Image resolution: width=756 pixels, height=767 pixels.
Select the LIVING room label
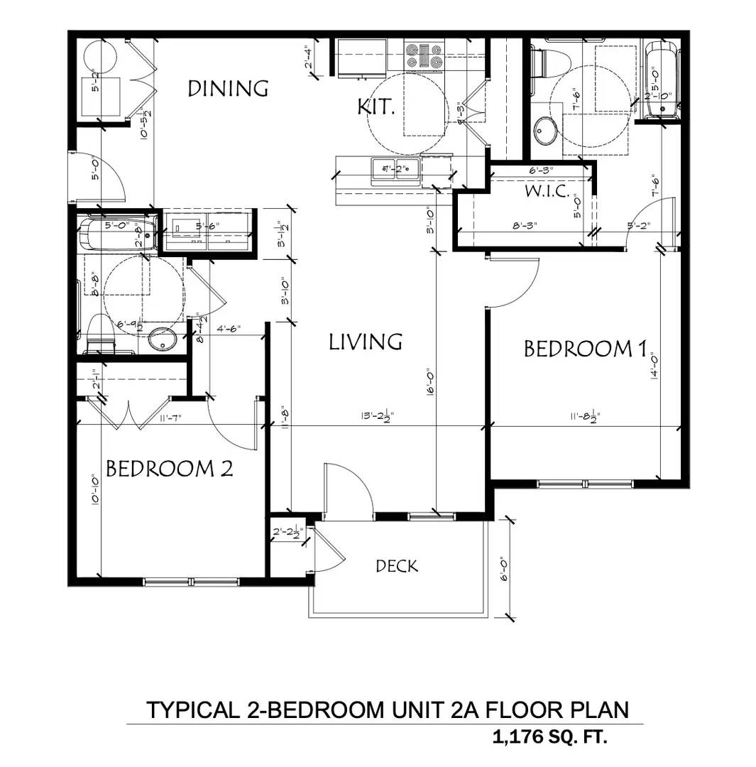click(366, 342)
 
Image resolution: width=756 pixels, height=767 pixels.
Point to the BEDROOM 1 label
click(586, 349)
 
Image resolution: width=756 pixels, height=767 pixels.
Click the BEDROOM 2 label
click(169, 469)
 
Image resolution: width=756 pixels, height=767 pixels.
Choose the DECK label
click(397, 566)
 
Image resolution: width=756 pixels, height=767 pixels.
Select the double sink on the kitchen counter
click(395, 170)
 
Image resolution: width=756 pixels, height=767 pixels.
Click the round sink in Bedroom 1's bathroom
click(546, 131)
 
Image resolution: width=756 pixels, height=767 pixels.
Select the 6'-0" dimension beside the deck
click(503, 568)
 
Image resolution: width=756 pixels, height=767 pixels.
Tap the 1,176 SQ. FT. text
click(550, 738)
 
